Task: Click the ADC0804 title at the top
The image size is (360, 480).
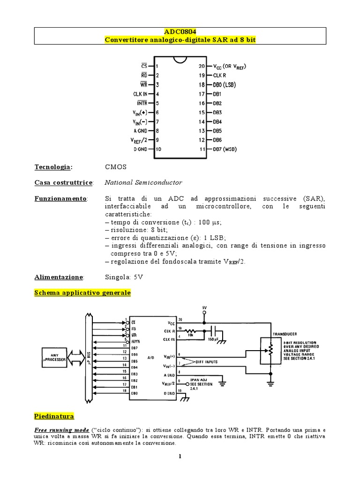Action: tap(180, 31)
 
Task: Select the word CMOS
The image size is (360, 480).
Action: tap(116, 167)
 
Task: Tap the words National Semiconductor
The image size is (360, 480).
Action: tap(143, 182)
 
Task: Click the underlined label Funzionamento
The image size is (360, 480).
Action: tap(60, 199)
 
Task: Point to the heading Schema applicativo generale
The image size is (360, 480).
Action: tap(82, 293)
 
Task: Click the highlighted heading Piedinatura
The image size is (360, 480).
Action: tap(54, 416)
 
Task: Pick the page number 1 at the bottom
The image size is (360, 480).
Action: tap(180, 457)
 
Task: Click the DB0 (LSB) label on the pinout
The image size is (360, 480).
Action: tap(224, 85)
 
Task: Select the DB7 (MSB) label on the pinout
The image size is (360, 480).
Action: tap(225, 150)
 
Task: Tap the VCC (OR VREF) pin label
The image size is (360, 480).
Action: tap(229, 67)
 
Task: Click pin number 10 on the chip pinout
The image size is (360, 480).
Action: tap(158, 150)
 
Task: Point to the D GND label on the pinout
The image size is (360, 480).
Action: tap(140, 150)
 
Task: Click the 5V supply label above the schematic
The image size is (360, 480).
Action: tap(204, 307)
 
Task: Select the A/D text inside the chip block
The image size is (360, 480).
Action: tap(150, 358)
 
